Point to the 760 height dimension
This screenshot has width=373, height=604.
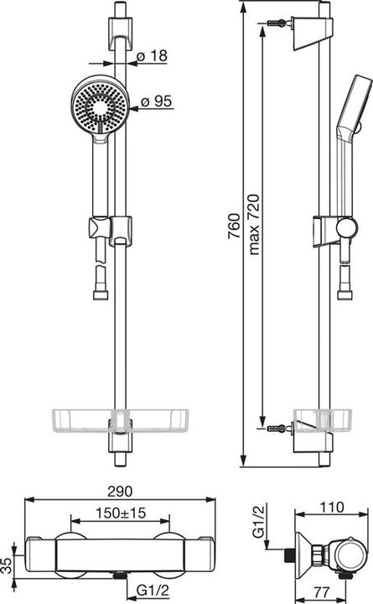pyautogui.click(x=234, y=225)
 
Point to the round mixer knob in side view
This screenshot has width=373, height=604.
pyautogui.click(x=346, y=555)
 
